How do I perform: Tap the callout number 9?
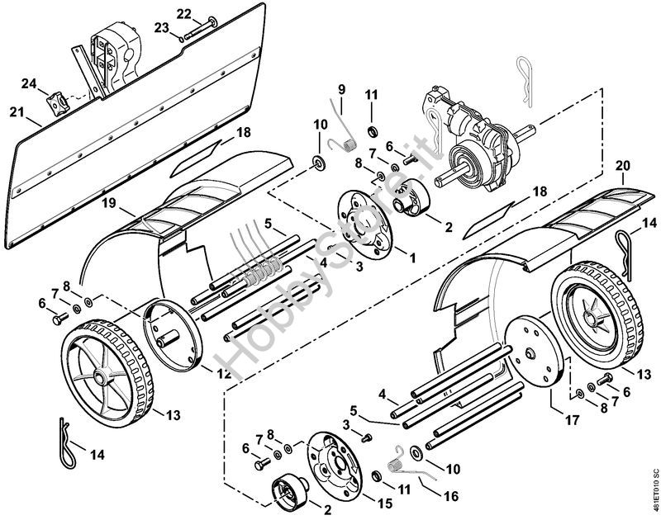tap(340, 89)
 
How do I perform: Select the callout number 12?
tap(223, 372)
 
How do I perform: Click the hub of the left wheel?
tap(101, 379)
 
